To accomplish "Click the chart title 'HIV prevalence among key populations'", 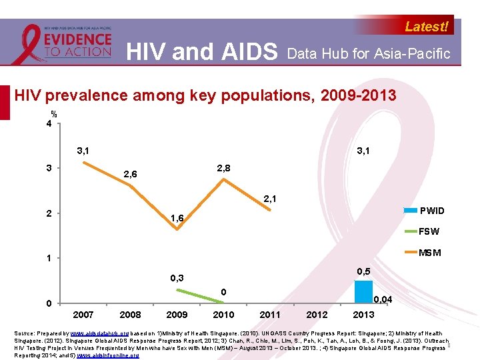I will [205, 95].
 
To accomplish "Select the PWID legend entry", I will [431, 211].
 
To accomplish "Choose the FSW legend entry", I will [429, 232].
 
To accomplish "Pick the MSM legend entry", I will [429, 253].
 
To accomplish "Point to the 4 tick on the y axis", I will [49, 124].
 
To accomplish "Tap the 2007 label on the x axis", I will [83, 315].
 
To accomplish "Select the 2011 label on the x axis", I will [269, 315].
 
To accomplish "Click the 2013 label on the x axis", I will [363, 315].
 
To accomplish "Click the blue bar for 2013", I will [363, 292].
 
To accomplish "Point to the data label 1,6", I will [177, 218].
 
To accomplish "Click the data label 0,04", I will [383, 300].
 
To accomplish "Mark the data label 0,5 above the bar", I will [363, 271].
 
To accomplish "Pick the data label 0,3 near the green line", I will [177, 277].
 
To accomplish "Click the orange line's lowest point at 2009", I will [177, 229].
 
